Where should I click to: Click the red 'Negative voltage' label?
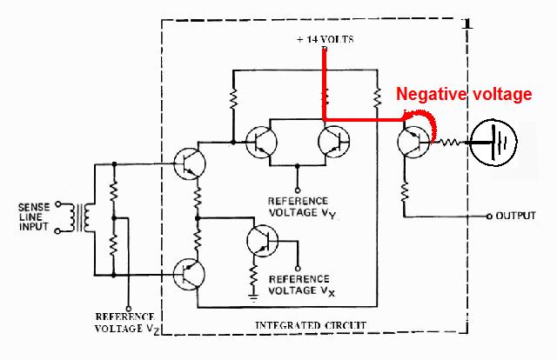click(x=463, y=95)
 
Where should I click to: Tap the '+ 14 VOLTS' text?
click(x=324, y=40)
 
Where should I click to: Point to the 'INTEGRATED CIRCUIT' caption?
click(x=310, y=325)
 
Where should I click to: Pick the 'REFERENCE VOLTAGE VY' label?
click(x=298, y=205)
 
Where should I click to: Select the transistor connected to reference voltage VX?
click(x=260, y=241)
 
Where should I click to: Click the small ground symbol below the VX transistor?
click(x=254, y=297)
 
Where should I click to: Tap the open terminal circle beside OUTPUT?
click(x=488, y=216)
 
